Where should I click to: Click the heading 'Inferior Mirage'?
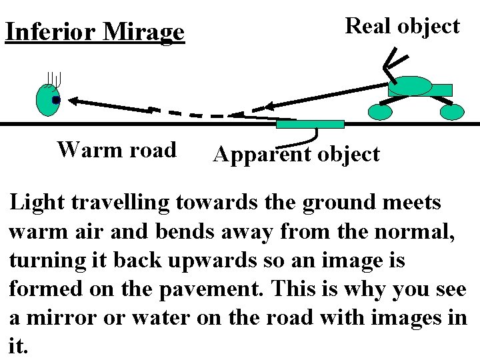pyautogui.click(x=94, y=32)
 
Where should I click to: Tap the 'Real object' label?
pyautogui.click(x=403, y=26)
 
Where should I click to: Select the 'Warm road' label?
pyautogui.click(x=117, y=149)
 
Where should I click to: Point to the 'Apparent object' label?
pyautogui.click(x=296, y=155)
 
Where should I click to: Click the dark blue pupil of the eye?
pyautogui.click(x=56, y=100)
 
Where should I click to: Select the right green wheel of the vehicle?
pyautogui.click(x=451, y=113)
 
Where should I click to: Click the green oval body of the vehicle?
pyautogui.click(x=410, y=86)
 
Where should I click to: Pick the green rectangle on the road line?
pyautogui.click(x=310, y=124)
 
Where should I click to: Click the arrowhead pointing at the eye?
pyautogui.click(x=74, y=101)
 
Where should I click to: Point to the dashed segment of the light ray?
pyautogui.click(x=193, y=113)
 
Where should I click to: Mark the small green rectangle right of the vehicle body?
pyautogui.click(x=442, y=89)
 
